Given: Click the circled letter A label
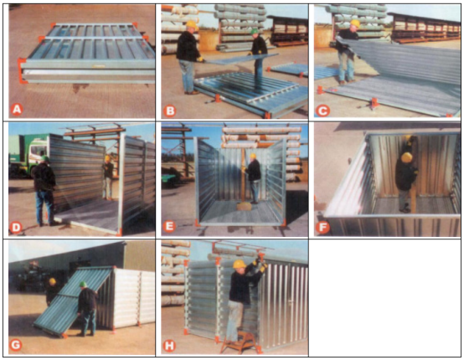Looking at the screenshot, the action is pyautogui.click(x=17, y=109).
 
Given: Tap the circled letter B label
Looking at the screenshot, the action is pyautogui.click(x=170, y=111).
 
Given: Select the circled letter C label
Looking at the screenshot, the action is pyautogui.click(x=322, y=111).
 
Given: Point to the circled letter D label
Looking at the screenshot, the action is pyautogui.click(x=15, y=227).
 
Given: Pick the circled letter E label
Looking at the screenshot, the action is pyautogui.click(x=169, y=226).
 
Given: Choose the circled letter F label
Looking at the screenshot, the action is pyautogui.click(x=322, y=228).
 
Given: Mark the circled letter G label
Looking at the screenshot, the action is pyautogui.click(x=15, y=345).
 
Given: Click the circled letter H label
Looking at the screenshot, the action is pyautogui.click(x=169, y=346).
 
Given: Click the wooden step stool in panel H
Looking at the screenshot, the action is pyautogui.click(x=239, y=342).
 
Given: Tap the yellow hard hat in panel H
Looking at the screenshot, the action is pyautogui.click(x=239, y=264).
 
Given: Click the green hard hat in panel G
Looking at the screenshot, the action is pyautogui.click(x=84, y=285).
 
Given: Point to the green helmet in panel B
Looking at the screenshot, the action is pyautogui.click(x=254, y=31).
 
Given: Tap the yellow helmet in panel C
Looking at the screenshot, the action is pyautogui.click(x=355, y=23).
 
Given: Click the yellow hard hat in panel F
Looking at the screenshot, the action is pyautogui.click(x=406, y=157).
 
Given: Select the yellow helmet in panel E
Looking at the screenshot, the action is pyautogui.click(x=252, y=157).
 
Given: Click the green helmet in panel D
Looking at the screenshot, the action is pyautogui.click(x=45, y=158).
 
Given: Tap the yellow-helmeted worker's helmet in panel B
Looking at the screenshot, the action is pyautogui.click(x=191, y=24).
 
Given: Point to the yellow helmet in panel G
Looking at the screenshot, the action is pyautogui.click(x=53, y=281).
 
